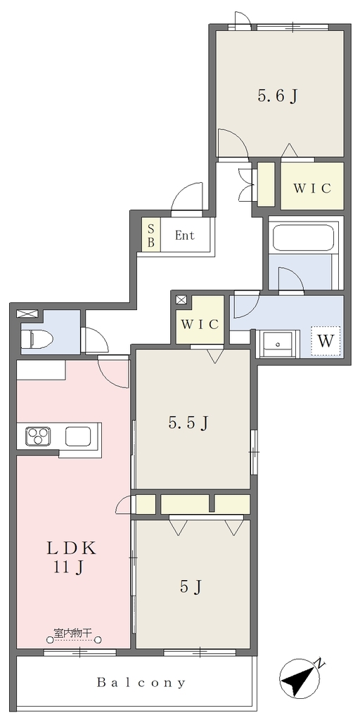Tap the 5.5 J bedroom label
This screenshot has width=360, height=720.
pos(188,423)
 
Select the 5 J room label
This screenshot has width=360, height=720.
pos(191,586)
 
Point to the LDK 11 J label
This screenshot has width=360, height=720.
pos(71,557)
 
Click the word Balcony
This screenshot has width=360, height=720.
pos(141,682)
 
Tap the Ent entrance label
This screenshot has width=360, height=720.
pos(185,236)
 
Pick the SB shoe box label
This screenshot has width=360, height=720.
pos(150,234)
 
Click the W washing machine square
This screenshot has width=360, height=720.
pos(326,340)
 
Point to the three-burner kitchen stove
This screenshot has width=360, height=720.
pos(38,436)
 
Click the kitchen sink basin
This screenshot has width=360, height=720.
pos(78,436)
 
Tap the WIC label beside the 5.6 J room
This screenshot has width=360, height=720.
pos(311,188)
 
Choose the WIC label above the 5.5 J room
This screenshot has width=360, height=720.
pos(199,323)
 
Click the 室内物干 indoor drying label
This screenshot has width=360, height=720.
pos(73,633)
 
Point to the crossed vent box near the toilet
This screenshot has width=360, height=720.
pos(23,314)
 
